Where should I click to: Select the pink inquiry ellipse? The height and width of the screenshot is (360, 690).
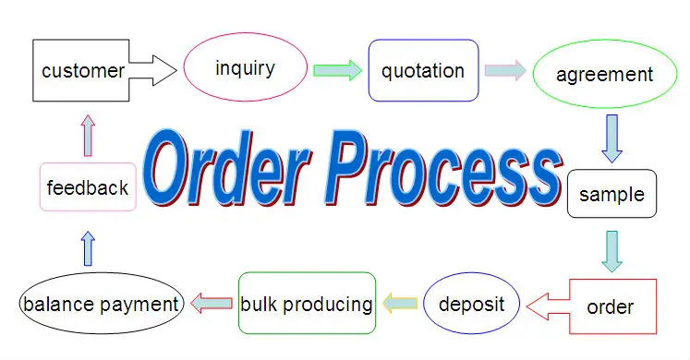(244, 68)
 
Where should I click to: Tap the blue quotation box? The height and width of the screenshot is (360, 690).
(423, 70)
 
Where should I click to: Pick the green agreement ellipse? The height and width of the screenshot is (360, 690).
(604, 75)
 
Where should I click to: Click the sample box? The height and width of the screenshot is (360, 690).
(611, 194)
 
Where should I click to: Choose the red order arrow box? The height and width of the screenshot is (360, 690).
(610, 306)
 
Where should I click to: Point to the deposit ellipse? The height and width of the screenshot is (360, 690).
(471, 304)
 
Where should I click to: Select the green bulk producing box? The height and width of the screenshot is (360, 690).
(307, 304)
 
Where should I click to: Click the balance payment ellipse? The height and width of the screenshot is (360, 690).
(101, 304)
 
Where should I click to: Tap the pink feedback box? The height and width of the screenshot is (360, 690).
(88, 187)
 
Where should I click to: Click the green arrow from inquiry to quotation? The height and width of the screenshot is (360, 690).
(338, 70)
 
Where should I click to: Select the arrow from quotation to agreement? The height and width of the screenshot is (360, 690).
(505, 70)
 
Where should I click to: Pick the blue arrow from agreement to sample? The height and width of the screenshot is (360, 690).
(611, 138)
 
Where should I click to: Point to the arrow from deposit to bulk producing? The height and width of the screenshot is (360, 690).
(400, 302)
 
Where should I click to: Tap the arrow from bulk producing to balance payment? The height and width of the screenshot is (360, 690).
(212, 302)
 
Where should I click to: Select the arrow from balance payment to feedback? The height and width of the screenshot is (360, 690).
(88, 248)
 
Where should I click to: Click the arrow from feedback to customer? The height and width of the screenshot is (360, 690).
(88, 135)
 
